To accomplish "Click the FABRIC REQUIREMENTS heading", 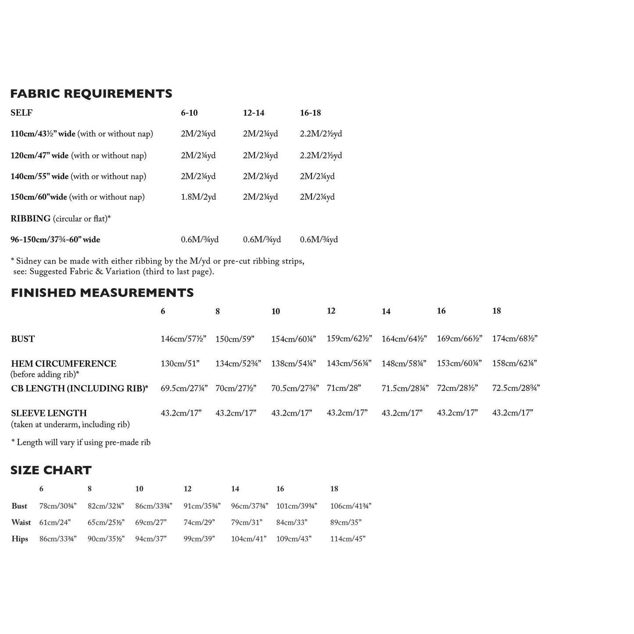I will [x=91, y=93].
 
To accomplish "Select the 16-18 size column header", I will [x=310, y=113].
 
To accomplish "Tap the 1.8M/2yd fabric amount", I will [x=198, y=197].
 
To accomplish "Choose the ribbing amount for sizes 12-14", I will [x=261, y=240].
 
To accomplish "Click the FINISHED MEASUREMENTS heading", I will [x=102, y=293].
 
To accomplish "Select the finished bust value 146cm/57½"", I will [x=183, y=339].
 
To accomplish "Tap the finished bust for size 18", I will [x=515, y=338].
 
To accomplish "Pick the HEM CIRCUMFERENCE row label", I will [x=64, y=364].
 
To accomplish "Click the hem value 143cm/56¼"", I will [x=349, y=363].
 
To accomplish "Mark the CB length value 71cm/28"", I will [x=344, y=388].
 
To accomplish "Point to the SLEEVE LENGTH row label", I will [x=49, y=413].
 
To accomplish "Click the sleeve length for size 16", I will [x=457, y=412].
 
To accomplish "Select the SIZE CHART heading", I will [x=51, y=470].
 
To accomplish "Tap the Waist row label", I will [x=21, y=522].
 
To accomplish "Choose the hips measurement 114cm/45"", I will [x=347, y=539].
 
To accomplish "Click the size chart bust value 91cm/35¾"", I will [x=202, y=506].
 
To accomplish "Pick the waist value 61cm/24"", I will [x=55, y=522].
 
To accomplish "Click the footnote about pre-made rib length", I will [x=81, y=442].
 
